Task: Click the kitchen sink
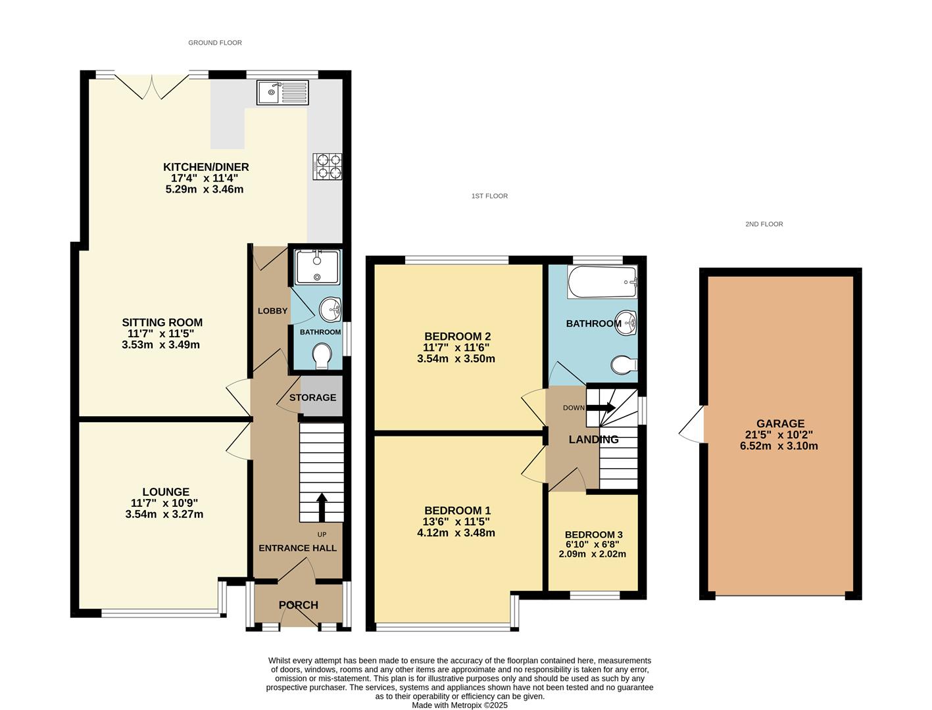click(283, 93)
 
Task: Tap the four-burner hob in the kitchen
click(328, 166)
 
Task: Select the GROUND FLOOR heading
click(215, 43)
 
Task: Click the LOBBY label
click(272, 311)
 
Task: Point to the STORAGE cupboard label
click(313, 397)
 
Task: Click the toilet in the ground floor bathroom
click(322, 356)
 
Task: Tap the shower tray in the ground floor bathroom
click(318, 268)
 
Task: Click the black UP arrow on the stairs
click(322, 507)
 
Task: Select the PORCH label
click(299, 605)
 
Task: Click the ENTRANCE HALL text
click(298, 548)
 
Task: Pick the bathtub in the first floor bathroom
click(602, 282)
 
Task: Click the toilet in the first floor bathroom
click(624, 365)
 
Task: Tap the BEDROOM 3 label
click(593, 534)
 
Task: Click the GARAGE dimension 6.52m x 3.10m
click(779, 446)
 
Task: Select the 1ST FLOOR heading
click(489, 196)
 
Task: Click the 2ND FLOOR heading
click(764, 224)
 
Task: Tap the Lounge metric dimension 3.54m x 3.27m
click(164, 514)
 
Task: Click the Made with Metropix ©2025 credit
click(459, 705)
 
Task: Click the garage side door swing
click(691, 425)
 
